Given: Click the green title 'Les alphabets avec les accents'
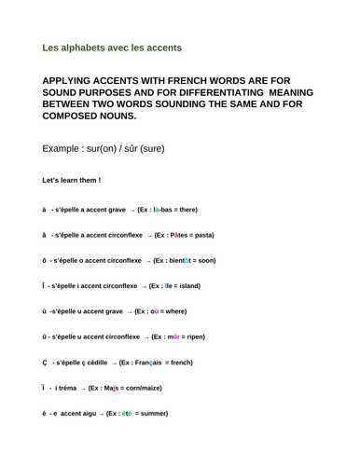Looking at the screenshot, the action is pos(112,47).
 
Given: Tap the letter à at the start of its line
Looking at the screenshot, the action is pos(44,210).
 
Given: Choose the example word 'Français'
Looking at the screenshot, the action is pos(171,362).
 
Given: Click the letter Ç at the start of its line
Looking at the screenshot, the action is pos(44,362).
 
